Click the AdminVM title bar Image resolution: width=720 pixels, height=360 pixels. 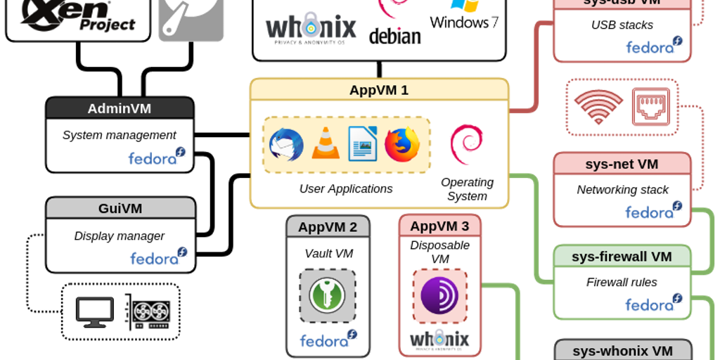click(120, 108)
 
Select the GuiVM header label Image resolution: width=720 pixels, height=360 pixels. click(120, 208)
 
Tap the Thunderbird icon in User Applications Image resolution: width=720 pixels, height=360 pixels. click(286, 145)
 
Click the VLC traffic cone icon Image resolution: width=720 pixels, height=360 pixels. click(324, 144)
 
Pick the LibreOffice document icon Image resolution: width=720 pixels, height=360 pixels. click(363, 144)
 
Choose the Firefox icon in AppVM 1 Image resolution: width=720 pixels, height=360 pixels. click(402, 145)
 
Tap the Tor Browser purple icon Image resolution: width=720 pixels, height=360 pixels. click(439, 296)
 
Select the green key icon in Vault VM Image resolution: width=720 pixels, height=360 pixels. click(327, 295)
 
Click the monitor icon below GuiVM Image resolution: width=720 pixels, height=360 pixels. click(95, 312)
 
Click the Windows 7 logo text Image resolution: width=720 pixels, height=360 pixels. click(464, 21)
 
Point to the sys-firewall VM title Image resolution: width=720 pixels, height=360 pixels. click(622, 257)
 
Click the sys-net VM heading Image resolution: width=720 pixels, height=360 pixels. click(622, 164)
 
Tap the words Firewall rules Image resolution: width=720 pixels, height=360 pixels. click(622, 282)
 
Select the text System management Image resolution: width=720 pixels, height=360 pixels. click(120, 135)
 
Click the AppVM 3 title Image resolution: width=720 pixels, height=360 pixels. click(439, 226)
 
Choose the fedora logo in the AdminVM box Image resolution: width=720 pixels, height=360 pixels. click(156, 157)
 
